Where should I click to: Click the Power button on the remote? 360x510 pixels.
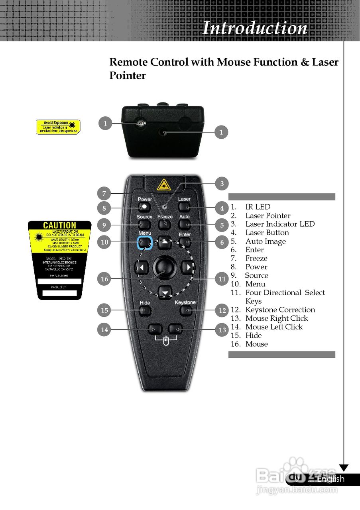[144, 207]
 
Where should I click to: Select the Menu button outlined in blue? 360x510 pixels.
[144, 242]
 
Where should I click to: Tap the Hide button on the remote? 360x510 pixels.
[145, 310]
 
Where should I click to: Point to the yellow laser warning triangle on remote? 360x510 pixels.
[163, 185]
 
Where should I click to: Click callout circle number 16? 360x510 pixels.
[104, 279]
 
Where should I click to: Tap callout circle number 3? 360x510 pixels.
[222, 184]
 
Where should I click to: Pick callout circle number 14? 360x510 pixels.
[104, 330]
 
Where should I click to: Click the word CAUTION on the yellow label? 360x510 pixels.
[59, 226]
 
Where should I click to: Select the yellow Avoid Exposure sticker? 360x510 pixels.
[59, 127]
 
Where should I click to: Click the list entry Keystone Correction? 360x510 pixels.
[280, 310]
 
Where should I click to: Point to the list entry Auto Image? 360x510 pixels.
[266, 241]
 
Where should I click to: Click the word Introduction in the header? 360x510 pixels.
[255, 28]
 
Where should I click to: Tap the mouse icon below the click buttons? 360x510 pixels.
[166, 341]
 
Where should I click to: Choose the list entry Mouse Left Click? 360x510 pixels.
[274, 327]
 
